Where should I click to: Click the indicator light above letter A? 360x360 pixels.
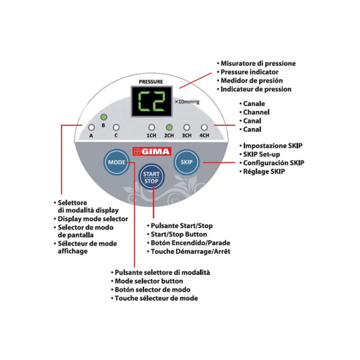point(91,127)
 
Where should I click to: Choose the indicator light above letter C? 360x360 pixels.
point(116,127)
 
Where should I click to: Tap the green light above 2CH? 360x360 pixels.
point(169,127)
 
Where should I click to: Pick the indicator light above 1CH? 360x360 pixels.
point(152,127)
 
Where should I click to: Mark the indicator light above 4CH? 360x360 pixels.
point(204,127)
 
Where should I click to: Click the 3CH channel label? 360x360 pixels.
point(186,135)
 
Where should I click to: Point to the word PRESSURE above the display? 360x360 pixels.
point(151,82)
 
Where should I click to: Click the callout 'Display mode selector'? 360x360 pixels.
point(93,219)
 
